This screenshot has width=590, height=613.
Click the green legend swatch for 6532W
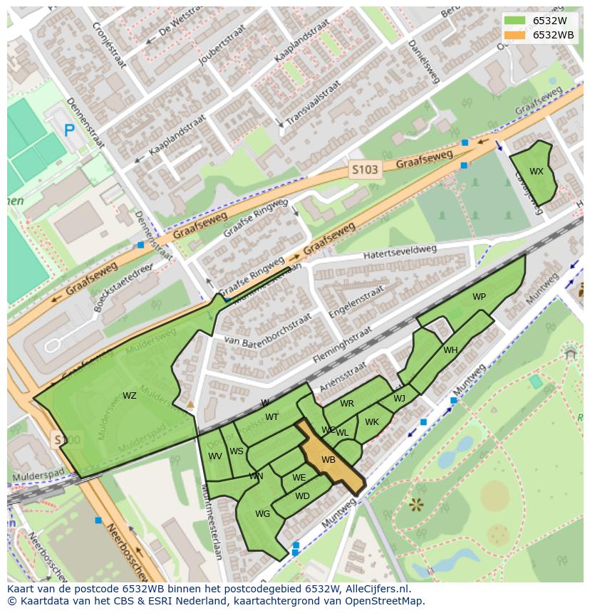pyautogui.click(x=515, y=21)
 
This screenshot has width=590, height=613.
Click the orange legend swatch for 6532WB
pyautogui.click(x=515, y=35)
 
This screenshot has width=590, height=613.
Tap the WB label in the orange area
pyautogui.click(x=328, y=460)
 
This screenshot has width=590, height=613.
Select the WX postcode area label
pyautogui.click(x=537, y=172)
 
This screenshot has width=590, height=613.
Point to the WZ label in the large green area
pyautogui.click(x=130, y=396)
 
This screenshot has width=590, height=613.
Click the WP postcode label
pyautogui.click(x=479, y=297)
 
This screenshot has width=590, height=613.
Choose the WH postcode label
pyautogui.click(x=450, y=350)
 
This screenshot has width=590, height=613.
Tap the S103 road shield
pyautogui.click(x=365, y=170)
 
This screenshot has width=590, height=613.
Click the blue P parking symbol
pyautogui.click(x=69, y=130)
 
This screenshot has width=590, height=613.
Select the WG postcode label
pyautogui.click(x=262, y=513)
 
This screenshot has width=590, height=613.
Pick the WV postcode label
pyautogui.click(x=215, y=456)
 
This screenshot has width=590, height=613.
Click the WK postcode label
pyautogui.click(x=371, y=422)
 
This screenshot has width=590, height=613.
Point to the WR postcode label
pyautogui.click(x=347, y=404)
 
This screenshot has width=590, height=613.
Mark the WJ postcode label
pyautogui.click(x=399, y=399)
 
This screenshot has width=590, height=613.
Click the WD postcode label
pyautogui.click(x=302, y=496)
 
